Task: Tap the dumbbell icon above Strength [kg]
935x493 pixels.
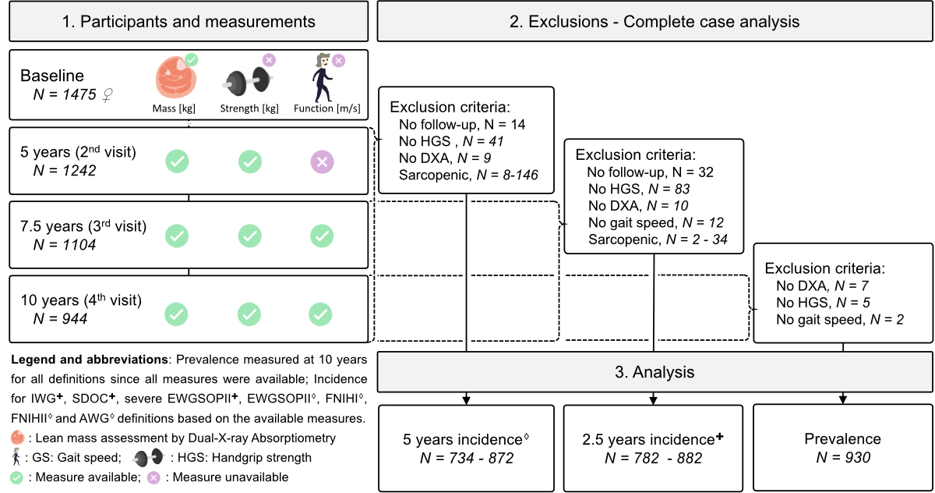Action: click(x=248, y=80)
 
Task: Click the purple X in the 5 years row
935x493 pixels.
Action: click(x=322, y=161)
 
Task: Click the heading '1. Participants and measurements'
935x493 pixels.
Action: click(x=189, y=21)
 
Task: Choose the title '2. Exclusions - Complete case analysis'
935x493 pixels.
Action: click(x=654, y=21)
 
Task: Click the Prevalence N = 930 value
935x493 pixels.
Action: click(x=843, y=457)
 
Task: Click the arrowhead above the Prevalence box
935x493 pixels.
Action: click(x=843, y=399)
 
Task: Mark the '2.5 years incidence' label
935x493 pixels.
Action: click(x=652, y=439)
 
